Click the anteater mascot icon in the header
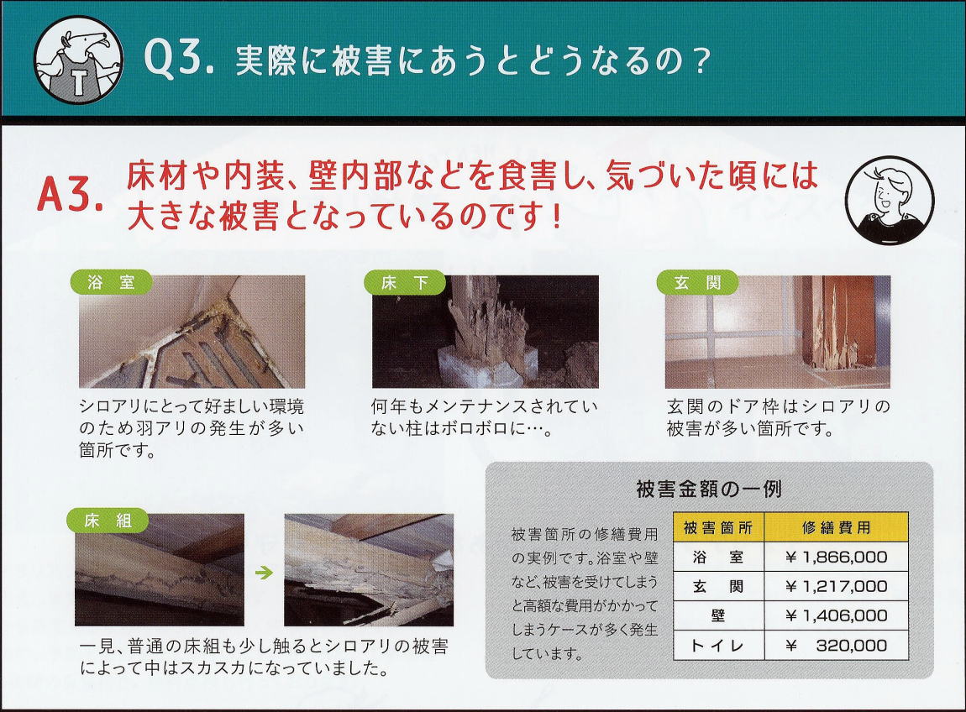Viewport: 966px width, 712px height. click(78, 59)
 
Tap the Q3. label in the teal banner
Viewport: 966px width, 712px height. click(179, 59)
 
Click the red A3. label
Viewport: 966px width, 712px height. click(71, 195)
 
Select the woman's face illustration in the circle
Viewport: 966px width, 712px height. click(889, 200)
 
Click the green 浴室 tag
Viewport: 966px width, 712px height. click(112, 283)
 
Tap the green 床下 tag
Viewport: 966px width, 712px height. click(405, 283)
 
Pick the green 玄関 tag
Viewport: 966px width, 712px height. click(697, 283)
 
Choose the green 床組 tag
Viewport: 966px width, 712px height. click(108, 521)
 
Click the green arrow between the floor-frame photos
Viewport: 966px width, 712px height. click(264, 573)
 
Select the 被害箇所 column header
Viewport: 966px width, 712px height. click(718, 527)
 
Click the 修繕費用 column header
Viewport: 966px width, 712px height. click(836, 527)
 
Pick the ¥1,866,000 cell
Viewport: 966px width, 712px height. click(836, 557)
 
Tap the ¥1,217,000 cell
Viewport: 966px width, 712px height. click(836, 586)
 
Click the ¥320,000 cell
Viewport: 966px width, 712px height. click(836, 646)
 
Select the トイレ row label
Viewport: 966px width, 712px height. click(717, 646)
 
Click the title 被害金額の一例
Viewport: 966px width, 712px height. click(709, 489)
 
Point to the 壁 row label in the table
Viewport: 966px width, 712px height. click(717, 615)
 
